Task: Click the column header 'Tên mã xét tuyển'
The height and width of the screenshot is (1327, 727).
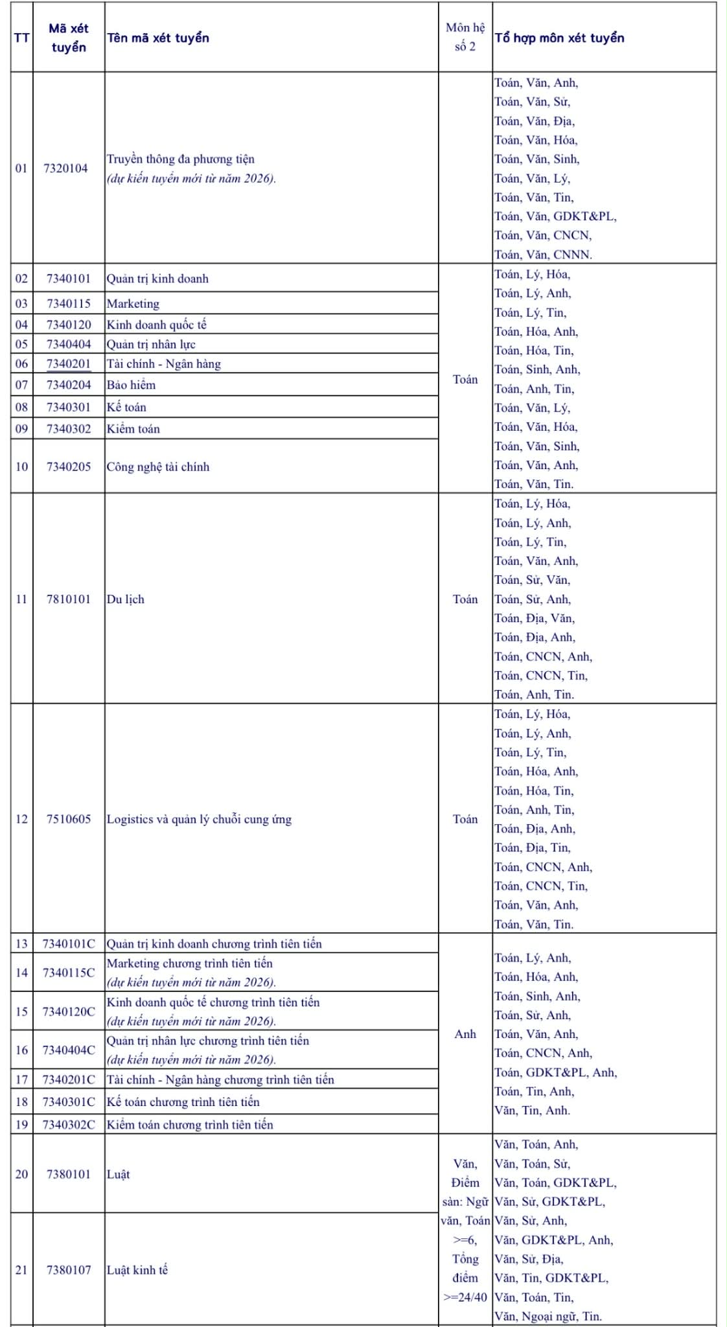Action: click(x=158, y=38)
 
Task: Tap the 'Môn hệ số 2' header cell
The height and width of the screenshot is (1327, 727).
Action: click(x=465, y=37)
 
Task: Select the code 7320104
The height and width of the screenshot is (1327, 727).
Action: click(x=65, y=168)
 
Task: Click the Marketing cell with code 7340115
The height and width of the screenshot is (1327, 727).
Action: click(x=133, y=304)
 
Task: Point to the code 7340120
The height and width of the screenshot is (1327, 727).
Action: click(x=69, y=325)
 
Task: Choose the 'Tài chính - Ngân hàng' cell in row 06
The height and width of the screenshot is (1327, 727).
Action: click(x=164, y=364)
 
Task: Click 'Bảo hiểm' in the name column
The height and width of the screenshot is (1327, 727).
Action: click(x=132, y=385)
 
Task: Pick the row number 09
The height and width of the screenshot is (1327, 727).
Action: click(x=21, y=429)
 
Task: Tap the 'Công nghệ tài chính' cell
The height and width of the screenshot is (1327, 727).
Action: click(x=158, y=467)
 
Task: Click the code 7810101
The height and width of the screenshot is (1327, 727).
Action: click(x=69, y=599)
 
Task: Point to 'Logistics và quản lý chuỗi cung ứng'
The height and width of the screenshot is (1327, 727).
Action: click(x=199, y=820)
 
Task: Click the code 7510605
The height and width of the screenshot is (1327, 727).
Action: click(x=69, y=820)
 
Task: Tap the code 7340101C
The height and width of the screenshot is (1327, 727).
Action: click(x=69, y=944)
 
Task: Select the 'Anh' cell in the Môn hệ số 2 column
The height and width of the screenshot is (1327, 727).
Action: click(x=465, y=1034)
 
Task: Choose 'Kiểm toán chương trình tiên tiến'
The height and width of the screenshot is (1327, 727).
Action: click(x=190, y=1125)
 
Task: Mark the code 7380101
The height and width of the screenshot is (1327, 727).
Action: click(x=69, y=1175)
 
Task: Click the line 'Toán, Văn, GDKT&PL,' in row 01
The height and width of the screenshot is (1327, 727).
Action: click(x=555, y=216)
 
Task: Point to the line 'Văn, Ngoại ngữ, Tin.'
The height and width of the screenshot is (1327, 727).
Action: click(x=548, y=1316)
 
